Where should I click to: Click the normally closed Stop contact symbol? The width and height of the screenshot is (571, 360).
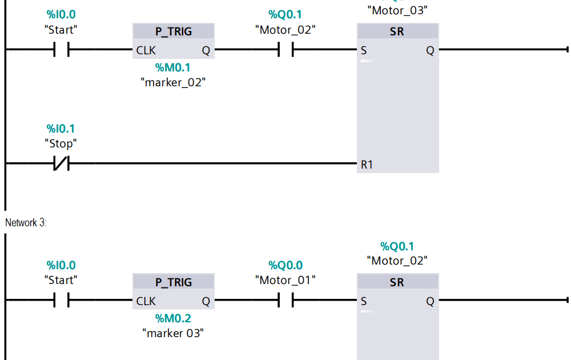(x=61, y=165)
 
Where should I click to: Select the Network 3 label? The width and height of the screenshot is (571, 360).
(x=26, y=223)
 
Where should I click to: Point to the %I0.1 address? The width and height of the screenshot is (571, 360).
(x=61, y=129)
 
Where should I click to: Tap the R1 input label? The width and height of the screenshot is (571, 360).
(x=367, y=165)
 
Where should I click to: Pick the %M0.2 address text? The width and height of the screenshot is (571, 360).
(x=173, y=318)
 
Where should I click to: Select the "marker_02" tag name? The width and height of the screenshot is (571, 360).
(x=173, y=82)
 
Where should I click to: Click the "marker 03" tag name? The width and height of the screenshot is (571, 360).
(x=173, y=333)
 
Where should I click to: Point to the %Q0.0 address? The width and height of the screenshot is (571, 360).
(x=285, y=265)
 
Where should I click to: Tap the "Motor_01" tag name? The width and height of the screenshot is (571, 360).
(x=285, y=280)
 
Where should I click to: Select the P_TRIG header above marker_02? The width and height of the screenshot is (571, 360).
(x=173, y=31)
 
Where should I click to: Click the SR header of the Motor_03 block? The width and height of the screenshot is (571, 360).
(x=397, y=32)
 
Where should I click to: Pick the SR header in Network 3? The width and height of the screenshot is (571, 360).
(x=397, y=282)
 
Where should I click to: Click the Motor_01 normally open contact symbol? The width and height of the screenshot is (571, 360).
(x=285, y=300)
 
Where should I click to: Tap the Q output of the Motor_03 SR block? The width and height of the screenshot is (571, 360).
(x=430, y=50)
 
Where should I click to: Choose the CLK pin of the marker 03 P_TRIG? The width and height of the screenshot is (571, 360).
(x=146, y=301)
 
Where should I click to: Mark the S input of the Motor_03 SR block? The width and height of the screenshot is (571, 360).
(x=364, y=50)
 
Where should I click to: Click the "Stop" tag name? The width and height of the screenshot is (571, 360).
(x=61, y=143)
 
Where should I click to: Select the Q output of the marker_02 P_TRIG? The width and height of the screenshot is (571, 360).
(x=206, y=50)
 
